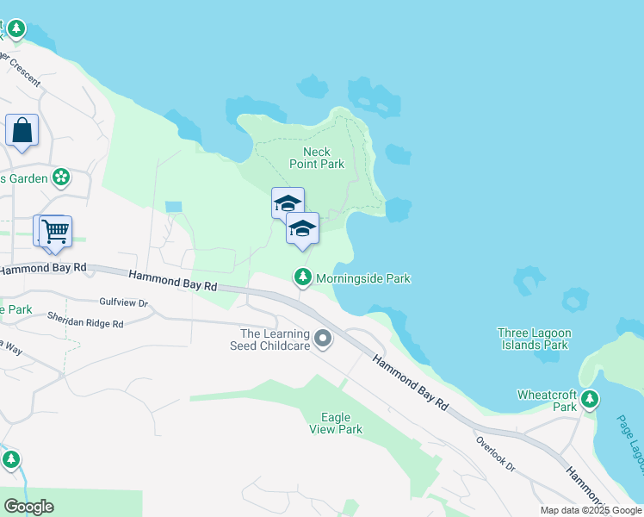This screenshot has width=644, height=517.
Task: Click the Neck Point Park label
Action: coord(324,158)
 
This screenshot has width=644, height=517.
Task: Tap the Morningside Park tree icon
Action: coord(302,277)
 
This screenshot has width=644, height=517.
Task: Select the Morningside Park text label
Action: coord(362,278)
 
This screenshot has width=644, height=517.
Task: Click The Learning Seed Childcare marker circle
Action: coord(323,339)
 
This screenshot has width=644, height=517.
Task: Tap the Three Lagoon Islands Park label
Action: coord(533,339)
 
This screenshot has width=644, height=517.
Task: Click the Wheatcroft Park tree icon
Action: coord(590,399)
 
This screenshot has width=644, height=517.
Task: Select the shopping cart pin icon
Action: coord(54,231)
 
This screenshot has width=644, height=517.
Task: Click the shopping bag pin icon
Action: coord(22,131)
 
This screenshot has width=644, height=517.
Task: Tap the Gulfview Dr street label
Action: coord(124,303)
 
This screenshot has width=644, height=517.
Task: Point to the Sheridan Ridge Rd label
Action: coord(85,320)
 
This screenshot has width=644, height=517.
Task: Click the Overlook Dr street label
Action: coord(495,453)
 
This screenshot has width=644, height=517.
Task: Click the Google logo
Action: coord(28,507)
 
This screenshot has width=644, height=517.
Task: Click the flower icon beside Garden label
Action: coord(60,178)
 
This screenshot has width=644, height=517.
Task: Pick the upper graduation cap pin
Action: coord(288,203)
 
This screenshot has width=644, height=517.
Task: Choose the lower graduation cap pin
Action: coord(302,228)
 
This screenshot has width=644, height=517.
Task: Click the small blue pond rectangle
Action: coord(174,207)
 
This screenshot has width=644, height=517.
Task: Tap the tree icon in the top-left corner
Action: coord(15,29)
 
